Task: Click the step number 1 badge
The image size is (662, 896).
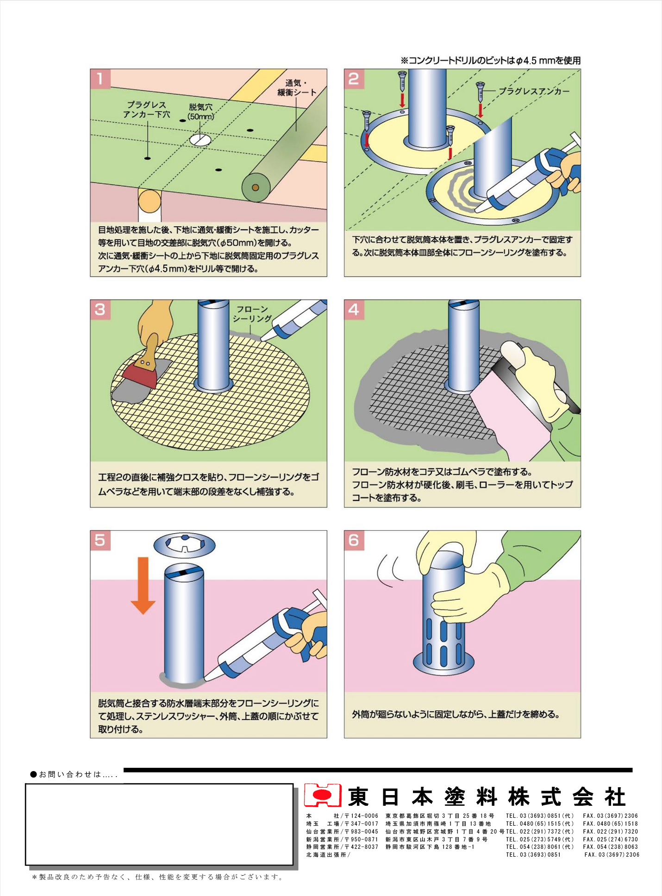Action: coord(100,79)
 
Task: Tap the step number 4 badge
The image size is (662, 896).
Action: coord(354,309)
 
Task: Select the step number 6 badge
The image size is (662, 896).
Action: coord(354,540)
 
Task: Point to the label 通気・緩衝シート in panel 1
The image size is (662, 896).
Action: coord(296,88)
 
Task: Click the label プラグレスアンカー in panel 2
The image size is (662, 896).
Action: coord(534,91)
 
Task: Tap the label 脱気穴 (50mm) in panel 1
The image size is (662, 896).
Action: coord(200,112)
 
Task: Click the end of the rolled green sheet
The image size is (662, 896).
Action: coord(256,187)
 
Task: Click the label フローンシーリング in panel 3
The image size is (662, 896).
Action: coord(251,314)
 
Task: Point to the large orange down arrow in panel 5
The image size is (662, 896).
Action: coord(143,585)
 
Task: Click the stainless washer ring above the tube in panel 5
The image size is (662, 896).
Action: coord(184,545)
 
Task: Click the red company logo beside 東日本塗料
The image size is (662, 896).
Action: coord(322,796)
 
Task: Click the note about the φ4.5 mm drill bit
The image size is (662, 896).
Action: coord(490,61)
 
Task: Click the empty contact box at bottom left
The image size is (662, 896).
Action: coord(159,824)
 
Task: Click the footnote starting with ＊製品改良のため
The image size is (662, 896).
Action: coord(157,877)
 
